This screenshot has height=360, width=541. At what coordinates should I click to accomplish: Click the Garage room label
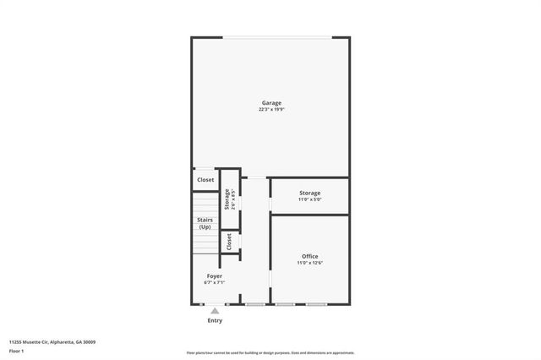pyautogui.click(x=270, y=103)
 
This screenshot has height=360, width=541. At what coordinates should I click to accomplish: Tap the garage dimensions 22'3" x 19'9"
pyautogui.click(x=270, y=110)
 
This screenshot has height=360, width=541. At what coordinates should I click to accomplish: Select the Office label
pyautogui.click(x=309, y=256)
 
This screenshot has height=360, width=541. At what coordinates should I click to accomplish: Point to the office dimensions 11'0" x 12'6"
pyautogui.click(x=309, y=263)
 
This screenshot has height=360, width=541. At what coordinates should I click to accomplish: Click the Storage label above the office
pyautogui.click(x=309, y=193)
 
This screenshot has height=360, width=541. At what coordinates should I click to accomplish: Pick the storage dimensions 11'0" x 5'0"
pyautogui.click(x=309, y=199)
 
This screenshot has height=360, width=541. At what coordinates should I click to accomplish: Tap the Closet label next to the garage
pyautogui.click(x=205, y=180)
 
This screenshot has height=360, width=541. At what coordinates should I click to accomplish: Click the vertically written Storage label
pyautogui.click(x=227, y=199)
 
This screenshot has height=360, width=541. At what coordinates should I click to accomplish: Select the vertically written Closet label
pyautogui.click(x=228, y=242)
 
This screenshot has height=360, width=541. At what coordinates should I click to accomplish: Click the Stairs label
pyautogui.click(x=205, y=220)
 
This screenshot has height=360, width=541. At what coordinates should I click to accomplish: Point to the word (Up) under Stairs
pyautogui.click(x=205, y=226)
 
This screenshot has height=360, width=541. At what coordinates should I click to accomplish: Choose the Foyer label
pyautogui.click(x=215, y=275)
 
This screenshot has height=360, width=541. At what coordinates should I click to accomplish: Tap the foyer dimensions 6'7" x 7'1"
pyautogui.click(x=215, y=282)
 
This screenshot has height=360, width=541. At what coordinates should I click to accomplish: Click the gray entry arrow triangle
pyautogui.click(x=215, y=311)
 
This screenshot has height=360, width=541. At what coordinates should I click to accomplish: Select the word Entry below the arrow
pyautogui.click(x=215, y=320)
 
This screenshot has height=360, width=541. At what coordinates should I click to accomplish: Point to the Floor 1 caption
pyautogui.click(x=17, y=350)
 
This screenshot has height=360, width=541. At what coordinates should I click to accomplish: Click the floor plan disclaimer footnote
pyautogui.click(x=270, y=352)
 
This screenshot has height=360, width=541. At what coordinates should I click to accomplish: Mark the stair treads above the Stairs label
pyautogui.click(x=205, y=204)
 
